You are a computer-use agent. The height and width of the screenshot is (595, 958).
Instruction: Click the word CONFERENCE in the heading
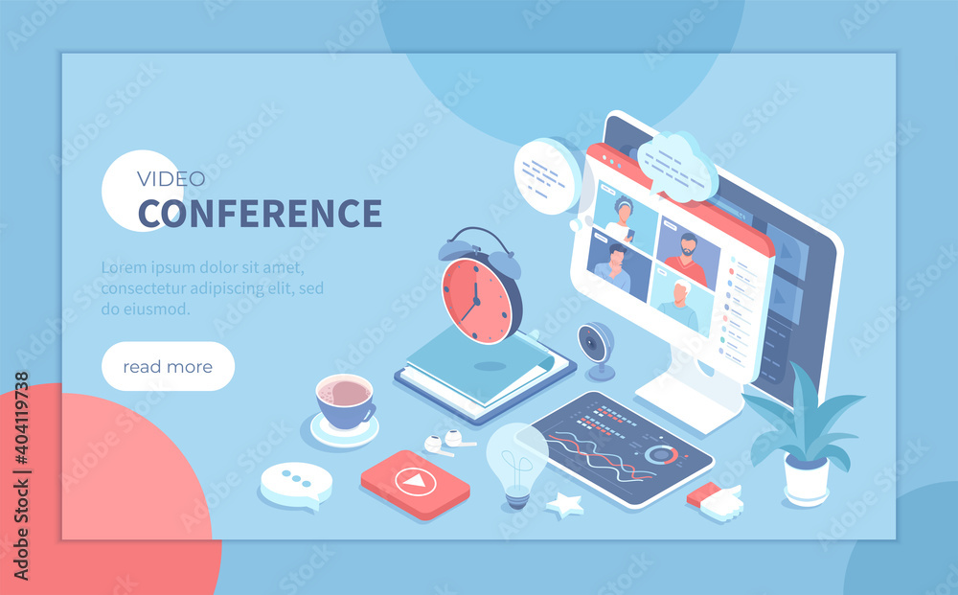point(260,214)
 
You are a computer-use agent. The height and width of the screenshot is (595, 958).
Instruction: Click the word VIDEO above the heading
point(171,179)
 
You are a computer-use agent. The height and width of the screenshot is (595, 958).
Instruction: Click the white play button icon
point(416,482)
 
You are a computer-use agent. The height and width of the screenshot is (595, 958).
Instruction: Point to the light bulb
point(517,466)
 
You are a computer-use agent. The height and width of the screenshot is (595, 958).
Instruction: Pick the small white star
point(564,505)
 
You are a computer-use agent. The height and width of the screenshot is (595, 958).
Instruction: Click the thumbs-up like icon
point(716,501)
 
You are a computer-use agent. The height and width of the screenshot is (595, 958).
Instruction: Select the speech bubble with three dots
point(296,485)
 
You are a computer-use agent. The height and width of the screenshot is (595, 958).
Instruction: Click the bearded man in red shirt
point(688,258)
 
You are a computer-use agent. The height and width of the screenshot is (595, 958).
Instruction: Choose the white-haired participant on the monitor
point(679,304)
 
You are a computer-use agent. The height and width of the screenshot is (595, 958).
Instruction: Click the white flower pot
point(806,481)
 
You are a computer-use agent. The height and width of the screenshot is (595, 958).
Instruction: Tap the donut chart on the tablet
point(660,454)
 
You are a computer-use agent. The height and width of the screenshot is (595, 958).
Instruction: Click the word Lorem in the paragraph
point(124,267)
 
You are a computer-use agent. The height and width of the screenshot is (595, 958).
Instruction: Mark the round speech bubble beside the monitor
point(547,176)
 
